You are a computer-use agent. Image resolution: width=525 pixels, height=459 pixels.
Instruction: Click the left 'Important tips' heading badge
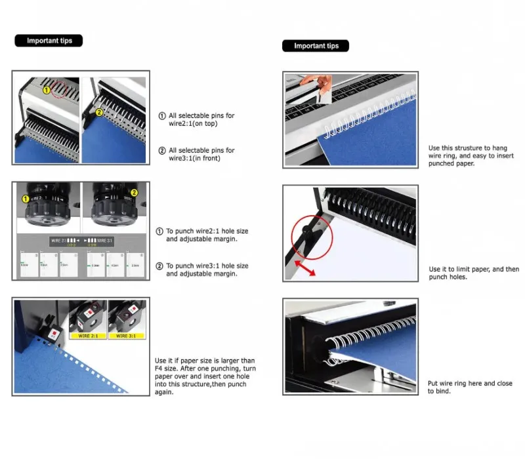click(49, 41)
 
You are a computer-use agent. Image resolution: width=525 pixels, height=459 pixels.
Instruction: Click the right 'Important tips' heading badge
click(316, 46)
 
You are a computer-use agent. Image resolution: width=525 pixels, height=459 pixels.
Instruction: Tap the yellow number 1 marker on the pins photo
click(47, 89)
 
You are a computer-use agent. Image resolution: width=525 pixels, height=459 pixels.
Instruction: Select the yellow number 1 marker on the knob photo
click(26, 199)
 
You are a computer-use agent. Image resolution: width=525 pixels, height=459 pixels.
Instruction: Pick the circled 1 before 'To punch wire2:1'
click(159, 231)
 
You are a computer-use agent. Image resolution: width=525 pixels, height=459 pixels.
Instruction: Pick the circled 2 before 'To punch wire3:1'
click(159, 266)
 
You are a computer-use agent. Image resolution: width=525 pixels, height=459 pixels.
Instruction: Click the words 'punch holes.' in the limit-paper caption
click(448, 277)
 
